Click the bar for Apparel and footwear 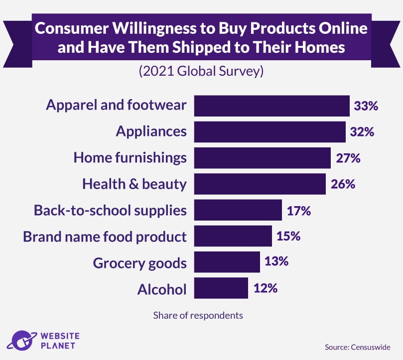click(271, 106)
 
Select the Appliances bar click(269, 132)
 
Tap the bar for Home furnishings click(262, 158)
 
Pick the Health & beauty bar click(260, 184)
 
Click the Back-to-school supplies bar click(238, 210)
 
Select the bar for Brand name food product click(233, 236)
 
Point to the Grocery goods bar click(227, 262)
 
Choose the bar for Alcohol click(221, 288)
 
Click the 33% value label click(366, 106)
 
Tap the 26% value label click(343, 184)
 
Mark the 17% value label click(299, 210)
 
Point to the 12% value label click(265, 288)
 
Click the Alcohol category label click(162, 289)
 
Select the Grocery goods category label click(139, 262)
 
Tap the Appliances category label click(151, 132)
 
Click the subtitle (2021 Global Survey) click(201, 71)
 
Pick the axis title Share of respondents click(198, 315)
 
